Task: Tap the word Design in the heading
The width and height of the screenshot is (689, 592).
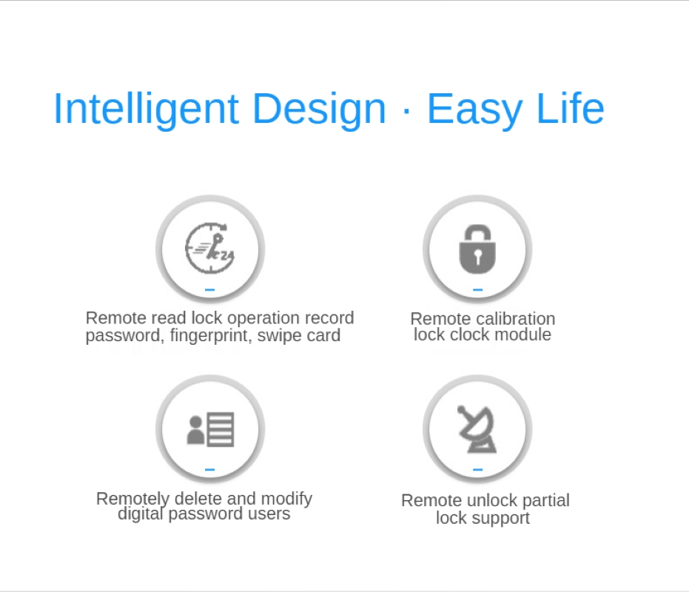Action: (319, 108)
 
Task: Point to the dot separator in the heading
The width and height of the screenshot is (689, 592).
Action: (406, 111)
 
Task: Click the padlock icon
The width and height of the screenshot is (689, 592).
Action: (477, 249)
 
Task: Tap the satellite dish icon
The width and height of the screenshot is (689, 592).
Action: (477, 429)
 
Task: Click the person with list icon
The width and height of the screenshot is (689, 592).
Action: (210, 429)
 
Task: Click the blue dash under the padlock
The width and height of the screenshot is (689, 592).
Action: (477, 289)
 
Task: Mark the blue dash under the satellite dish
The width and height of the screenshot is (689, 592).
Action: (477, 469)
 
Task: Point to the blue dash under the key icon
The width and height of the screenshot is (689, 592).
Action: (209, 289)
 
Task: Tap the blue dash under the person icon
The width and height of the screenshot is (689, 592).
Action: (209, 469)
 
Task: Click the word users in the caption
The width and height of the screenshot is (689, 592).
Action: (269, 514)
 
